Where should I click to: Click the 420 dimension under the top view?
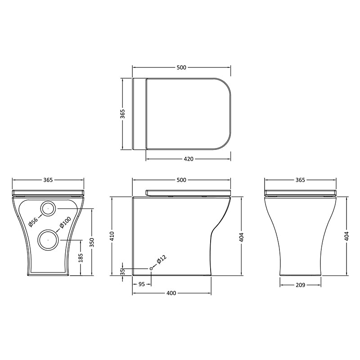coord(189,159)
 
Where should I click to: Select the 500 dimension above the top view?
coord(181,67)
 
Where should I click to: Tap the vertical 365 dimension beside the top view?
coord(123,114)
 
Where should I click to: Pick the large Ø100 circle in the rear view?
coord(48,239)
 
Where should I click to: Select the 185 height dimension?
coord(81,257)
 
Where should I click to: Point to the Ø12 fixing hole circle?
coord(151,269)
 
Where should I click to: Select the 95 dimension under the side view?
coord(141,284)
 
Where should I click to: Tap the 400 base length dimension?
coord(171,293)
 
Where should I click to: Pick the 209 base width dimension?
coord(301,285)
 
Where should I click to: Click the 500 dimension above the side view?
coord(181,180)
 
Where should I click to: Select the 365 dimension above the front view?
coord(301,180)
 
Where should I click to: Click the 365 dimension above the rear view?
coord(48,180)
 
